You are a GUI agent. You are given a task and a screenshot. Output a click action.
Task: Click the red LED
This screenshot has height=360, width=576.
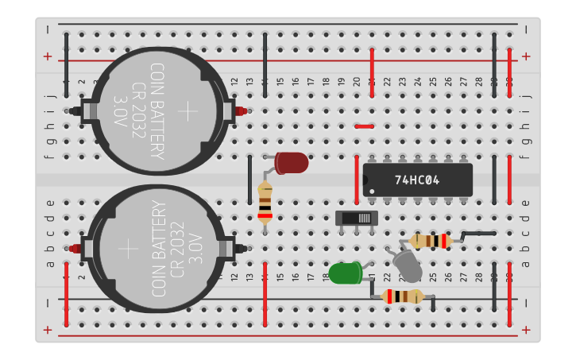(292, 163)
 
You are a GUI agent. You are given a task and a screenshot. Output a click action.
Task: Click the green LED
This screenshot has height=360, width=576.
(346, 273)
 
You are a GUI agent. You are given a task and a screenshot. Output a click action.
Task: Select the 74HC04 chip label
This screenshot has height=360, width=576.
(416, 180)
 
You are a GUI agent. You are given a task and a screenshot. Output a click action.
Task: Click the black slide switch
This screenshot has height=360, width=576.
(357, 218)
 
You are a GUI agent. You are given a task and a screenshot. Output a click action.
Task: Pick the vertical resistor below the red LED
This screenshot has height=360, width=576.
(265, 200)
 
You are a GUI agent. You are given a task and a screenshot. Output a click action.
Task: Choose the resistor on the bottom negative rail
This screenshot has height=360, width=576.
(403, 296)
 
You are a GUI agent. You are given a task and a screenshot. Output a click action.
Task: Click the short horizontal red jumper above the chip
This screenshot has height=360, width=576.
(364, 126)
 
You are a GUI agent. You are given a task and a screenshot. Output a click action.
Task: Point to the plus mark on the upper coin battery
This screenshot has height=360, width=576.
(187, 110)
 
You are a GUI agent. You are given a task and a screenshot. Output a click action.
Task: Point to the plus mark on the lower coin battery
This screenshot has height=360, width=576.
(129, 249)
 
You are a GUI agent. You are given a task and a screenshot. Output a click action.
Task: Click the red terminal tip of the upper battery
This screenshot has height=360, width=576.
(242, 111)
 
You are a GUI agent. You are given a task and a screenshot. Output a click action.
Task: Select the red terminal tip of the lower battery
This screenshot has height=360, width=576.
(75, 249)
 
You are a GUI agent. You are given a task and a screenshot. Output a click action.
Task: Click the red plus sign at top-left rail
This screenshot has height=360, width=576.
(48, 56)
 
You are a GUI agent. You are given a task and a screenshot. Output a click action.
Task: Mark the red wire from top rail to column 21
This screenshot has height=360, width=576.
(372, 72)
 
